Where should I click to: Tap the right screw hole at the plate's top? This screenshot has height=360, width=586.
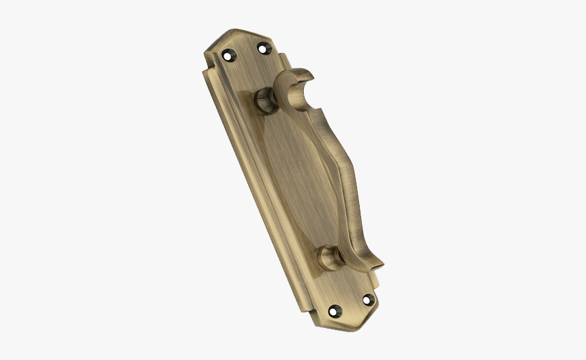click(262, 47)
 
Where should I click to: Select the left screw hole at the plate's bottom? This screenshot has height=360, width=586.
click(333, 311)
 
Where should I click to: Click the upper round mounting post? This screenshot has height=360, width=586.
click(264, 102)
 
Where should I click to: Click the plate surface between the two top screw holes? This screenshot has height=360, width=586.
click(245, 50)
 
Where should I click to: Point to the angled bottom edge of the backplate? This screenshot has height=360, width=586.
click(354, 326)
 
